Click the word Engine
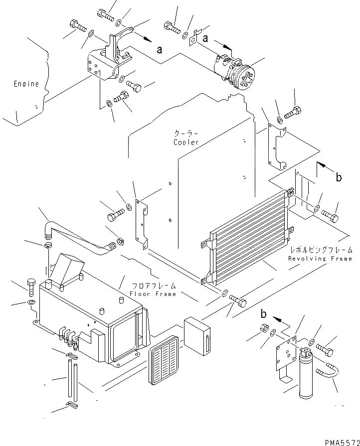pos(26,84)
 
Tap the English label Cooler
pos(186,143)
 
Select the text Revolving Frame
pos(320,259)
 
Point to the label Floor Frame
pos(153,294)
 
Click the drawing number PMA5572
pos(342,441)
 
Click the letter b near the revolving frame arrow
pos(339,177)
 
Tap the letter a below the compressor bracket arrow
pos(159,49)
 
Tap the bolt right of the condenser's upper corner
pos(330,216)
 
